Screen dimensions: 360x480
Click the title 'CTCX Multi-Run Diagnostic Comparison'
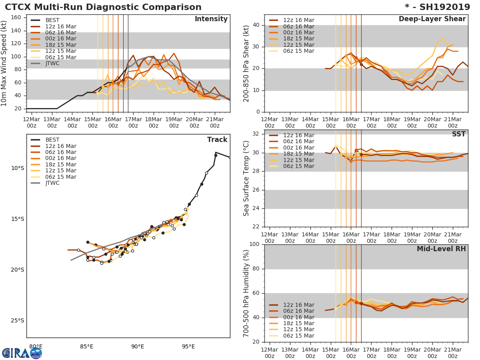coord(103,7)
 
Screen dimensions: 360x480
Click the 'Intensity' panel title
coord(211,19)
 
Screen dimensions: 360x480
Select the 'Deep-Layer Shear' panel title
coord(432,19)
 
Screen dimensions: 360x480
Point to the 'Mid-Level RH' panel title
coord(441,249)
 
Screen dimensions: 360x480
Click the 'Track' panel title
coord(217,140)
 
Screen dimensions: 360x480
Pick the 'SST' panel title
coord(459,134)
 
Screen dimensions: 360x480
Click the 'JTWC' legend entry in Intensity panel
coord(52,64)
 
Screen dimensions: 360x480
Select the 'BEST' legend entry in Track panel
coord(52,140)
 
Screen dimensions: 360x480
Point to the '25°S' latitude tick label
coord(17,320)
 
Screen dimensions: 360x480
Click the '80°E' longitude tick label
coord(36,346)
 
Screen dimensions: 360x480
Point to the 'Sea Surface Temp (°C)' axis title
coord(246,178)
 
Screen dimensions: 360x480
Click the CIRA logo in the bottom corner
coord(22,353)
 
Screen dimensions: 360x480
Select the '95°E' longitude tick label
coord(188,346)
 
